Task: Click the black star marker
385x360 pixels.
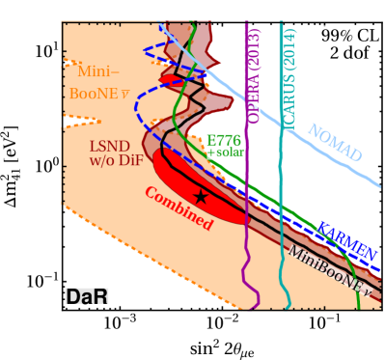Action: (201, 196)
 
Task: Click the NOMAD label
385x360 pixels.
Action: (334, 143)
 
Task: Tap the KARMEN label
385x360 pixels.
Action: (345, 238)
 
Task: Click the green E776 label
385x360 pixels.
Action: (224, 140)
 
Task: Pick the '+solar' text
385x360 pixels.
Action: (226, 152)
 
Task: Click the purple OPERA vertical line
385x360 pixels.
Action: (248, 241)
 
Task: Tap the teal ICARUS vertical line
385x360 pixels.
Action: (281, 241)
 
